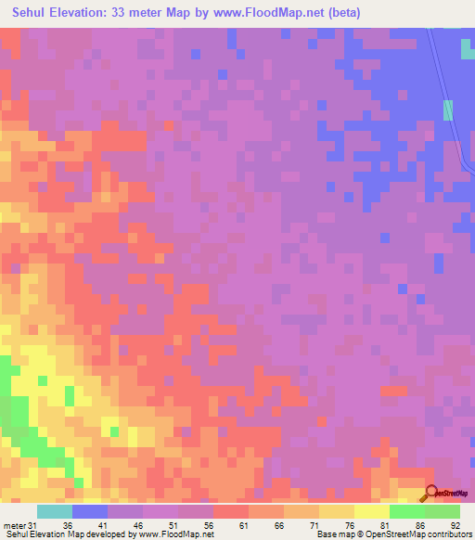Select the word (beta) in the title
[341, 13]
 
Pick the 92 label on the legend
[455, 524]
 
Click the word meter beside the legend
[16, 524]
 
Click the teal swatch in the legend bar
[55, 511]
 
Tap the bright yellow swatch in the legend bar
[371, 511]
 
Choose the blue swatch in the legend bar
[90, 511]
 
